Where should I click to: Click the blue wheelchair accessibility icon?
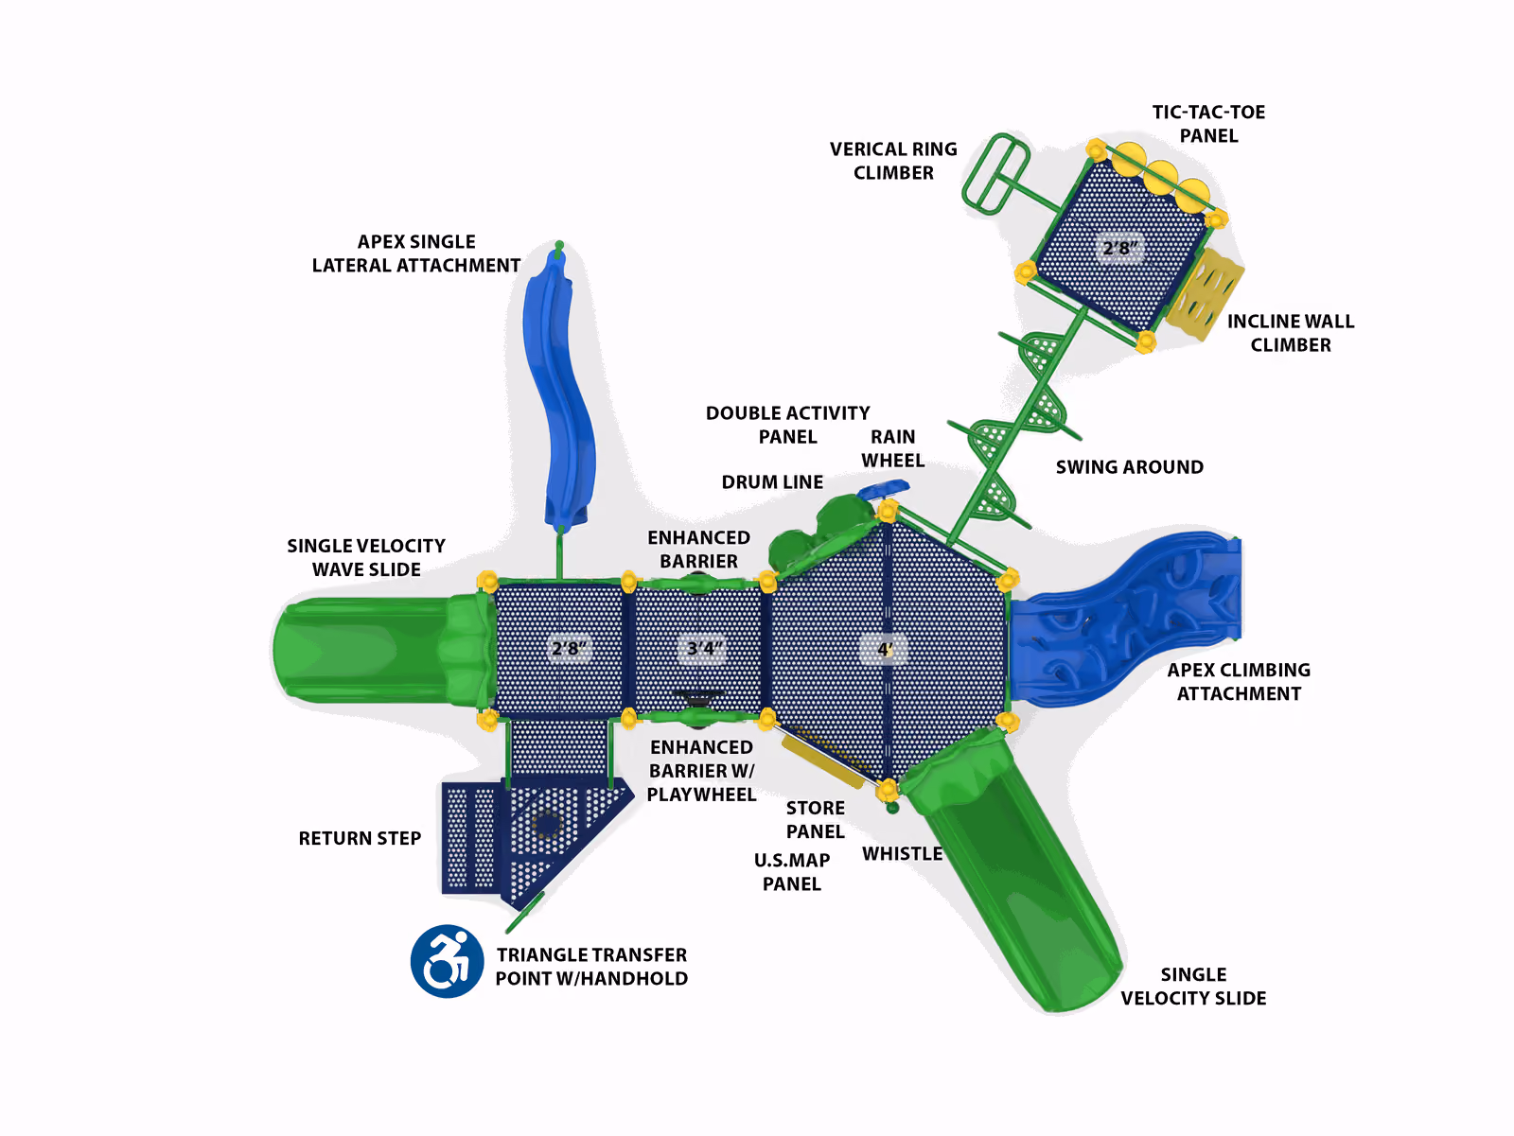pyautogui.click(x=447, y=961)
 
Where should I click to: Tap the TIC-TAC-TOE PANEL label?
pyautogui.click(x=1208, y=123)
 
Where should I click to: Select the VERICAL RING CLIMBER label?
pyautogui.click(x=893, y=161)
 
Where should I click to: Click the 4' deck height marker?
pyautogui.click(x=884, y=649)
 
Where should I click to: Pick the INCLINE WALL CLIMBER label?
pyautogui.click(x=1291, y=333)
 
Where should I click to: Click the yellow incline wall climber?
pyautogui.click(x=1205, y=295)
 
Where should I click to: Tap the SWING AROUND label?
pyautogui.click(x=1129, y=466)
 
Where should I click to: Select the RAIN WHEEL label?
pyautogui.click(x=892, y=448)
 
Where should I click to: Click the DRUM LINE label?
pyautogui.click(x=772, y=481)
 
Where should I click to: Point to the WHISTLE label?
pyautogui.click(x=902, y=853)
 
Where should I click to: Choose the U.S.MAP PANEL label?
pyautogui.click(x=792, y=872)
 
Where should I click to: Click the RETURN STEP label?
pyautogui.click(x=360, y=838)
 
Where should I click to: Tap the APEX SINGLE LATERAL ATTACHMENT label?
pyautogui.click(x=416, y=253)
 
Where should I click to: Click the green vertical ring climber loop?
pyautogui.click(x=995, y=173)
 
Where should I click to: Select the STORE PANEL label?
pyautogui.click(x=816, y=819)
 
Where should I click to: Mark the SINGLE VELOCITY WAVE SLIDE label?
pyautogui.click(x=366, y=558)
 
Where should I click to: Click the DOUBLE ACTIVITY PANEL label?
pyautogui.click(x=787, y=425)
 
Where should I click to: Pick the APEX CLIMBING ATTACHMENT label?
pyautogui.click(x=1239, y=682)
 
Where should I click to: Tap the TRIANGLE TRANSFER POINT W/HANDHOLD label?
pyautogui.click(x=591, y=967)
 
